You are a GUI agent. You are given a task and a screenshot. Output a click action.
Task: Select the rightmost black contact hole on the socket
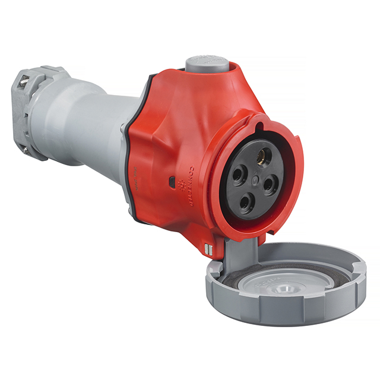(x=270, y=185)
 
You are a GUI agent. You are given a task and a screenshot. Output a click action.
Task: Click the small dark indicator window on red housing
(x=171, y=179)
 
